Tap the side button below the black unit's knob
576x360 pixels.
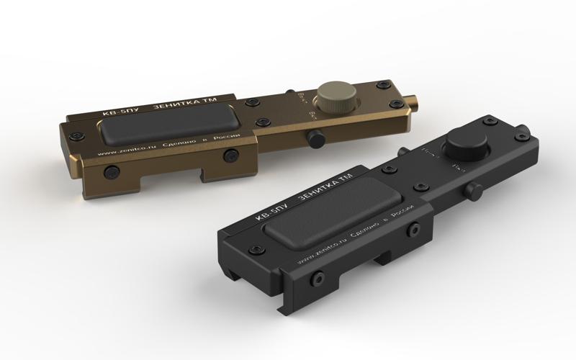coord(473,192)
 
